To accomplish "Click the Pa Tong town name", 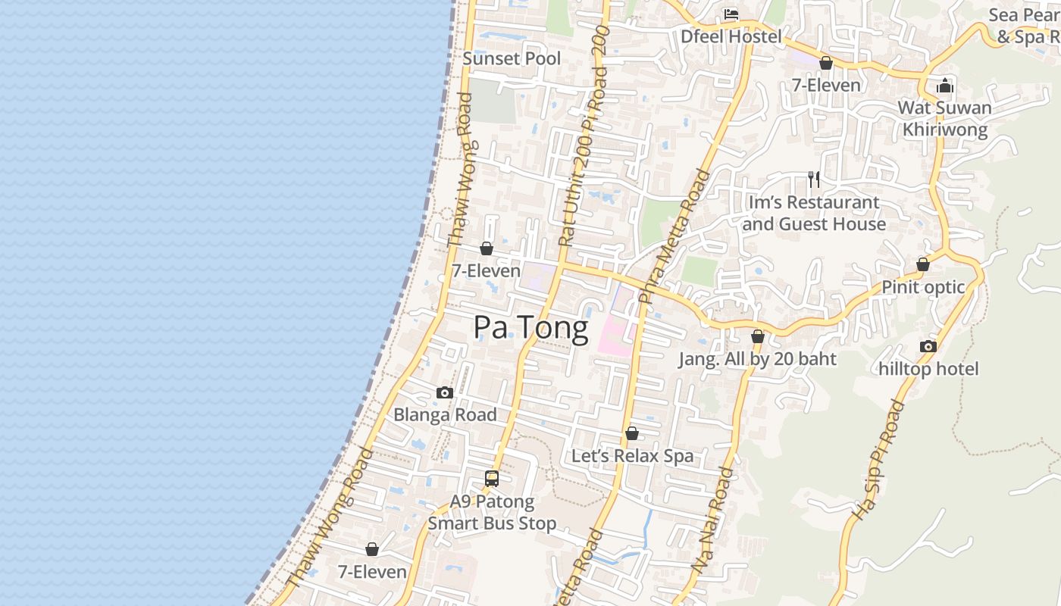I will coord(530,328).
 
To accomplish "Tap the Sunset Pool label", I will coord(512,58).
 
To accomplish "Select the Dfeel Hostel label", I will coord(731,36).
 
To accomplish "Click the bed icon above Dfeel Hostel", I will coord(731,14).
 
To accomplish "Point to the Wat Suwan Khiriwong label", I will coord(944,118).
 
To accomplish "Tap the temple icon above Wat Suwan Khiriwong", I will coord(944,86).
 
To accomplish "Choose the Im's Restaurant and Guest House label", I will coord(814,213).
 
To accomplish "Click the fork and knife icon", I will coord(814,180).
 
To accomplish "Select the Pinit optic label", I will coord(923,287).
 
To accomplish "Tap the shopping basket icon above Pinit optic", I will coord(923,264).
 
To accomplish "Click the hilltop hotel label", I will coord(928,369).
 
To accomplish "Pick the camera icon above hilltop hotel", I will coord(928,346).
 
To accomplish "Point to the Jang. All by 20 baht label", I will coord(757,359).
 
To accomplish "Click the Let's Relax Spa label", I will coord(632,456).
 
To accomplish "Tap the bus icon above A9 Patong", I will coord(492,479).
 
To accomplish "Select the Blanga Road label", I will coord(445,415).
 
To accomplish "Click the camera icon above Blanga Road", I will coord(445,392).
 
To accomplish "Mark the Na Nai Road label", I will coord(713,520).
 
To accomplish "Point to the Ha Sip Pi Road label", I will coord(879,460).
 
